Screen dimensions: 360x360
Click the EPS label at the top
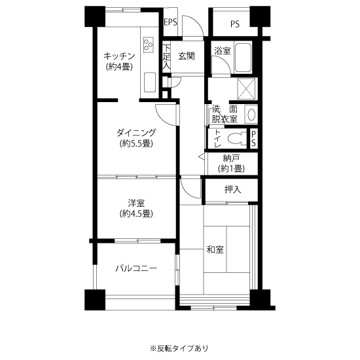(x=170, y=22)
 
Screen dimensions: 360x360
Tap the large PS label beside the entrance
(x=234, y=24)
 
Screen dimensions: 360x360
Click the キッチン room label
(x=119, y=56)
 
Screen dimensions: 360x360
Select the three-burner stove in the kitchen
(x=149, y=45)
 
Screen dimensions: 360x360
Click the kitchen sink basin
(x=150, y=82)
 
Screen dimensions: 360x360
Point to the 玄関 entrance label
(x=187, y=56)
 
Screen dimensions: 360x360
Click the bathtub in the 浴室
(x=243, y=57)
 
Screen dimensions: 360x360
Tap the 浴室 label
(x=223, y=51)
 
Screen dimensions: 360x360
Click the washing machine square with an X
(x=246, y=89)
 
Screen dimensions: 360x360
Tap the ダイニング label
(x=136, y=132)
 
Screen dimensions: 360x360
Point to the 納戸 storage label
(x=231, y=158)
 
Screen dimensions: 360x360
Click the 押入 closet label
(x=233, y=189)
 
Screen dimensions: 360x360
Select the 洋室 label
(x=136, y=203)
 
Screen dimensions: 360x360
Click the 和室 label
(x=215, y=249)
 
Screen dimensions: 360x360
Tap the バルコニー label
(x=136, y=268)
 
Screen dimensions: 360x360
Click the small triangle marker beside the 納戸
(x=202, y=157)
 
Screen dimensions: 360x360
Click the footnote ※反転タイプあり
(x=179, y=348)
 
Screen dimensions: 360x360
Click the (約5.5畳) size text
(x=136, y=144)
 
